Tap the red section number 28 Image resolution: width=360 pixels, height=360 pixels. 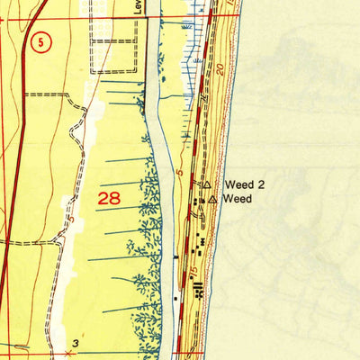[x=109, y=198]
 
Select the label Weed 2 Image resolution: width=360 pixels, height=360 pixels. [x=244, y=184]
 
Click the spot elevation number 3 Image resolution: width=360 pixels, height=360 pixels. [x=76, y=343]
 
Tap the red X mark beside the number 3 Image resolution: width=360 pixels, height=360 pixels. [x=68, y=354]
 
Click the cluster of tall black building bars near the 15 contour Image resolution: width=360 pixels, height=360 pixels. [x=197, y=287]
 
